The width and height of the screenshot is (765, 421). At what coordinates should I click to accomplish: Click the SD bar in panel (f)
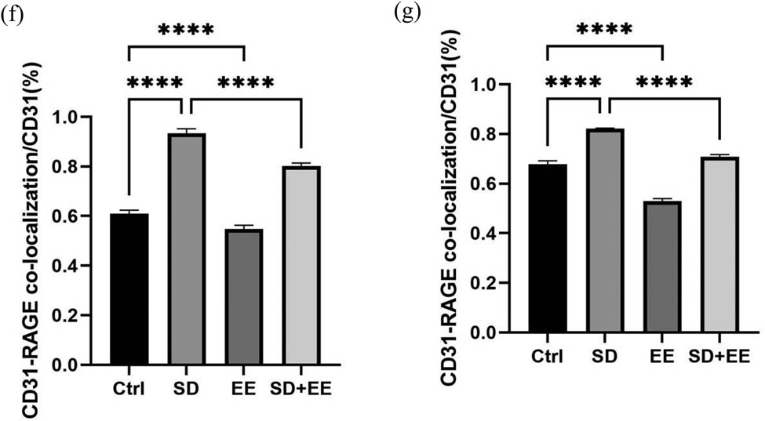point(185,249)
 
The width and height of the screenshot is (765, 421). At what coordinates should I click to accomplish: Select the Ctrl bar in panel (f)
point(129,289)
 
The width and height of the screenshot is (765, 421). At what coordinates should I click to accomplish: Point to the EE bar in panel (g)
point(662,267)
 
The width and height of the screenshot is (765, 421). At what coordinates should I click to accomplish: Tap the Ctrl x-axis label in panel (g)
point(547,356)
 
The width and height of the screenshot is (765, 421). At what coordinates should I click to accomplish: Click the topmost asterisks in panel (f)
point(186,31)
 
